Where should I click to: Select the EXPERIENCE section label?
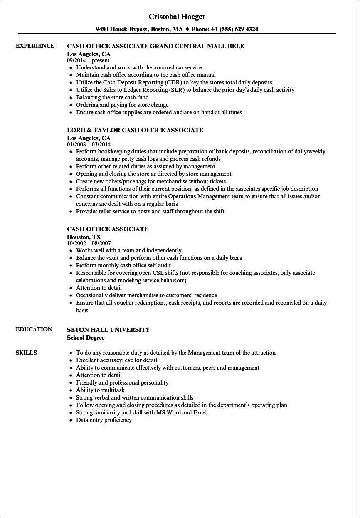[35, 46]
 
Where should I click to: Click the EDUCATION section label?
[34, 329]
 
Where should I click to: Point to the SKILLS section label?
[26, 353]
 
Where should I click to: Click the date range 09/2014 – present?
[88, 61]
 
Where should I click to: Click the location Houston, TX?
[84, 237]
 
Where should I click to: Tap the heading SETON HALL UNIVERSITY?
[108, 330]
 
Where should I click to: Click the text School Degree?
[85, 338]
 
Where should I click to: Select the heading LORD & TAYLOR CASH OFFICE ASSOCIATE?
[135, 130]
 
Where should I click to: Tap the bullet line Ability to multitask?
[100, 390]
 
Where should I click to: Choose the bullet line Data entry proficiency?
[104, 420]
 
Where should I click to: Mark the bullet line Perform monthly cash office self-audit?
[123, 265]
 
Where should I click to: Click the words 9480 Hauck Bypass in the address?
[121, 30]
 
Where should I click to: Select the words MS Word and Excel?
[181, 412]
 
